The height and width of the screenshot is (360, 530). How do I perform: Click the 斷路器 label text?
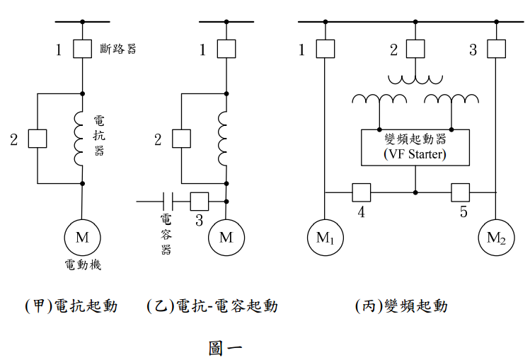pos(117,49)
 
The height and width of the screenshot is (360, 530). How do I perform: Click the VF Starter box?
pos(415,147)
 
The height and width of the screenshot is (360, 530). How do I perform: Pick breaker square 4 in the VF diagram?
pos(361,192)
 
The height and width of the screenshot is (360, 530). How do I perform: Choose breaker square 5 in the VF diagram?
pos(461,192)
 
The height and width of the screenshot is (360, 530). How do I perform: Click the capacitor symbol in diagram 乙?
pos(168,201)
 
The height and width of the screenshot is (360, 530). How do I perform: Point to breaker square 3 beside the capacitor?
pos(200,201)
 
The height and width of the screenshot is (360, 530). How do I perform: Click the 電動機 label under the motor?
pos(83,265)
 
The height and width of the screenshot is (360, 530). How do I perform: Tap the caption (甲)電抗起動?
pos(71,306)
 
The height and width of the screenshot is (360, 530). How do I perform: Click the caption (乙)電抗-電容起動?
pos(212,306)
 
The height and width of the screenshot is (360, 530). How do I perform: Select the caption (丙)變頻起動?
pos(401,306)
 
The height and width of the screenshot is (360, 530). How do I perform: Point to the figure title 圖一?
pos(225,347)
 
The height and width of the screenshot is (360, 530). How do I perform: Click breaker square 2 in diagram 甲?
pos(38,138)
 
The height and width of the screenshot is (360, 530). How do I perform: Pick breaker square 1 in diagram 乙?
pos(226,49)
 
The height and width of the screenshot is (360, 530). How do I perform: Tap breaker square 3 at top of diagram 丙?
pos(496,49)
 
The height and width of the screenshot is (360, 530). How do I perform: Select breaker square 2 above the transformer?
pos(415,49)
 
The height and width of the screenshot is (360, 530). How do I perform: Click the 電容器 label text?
pos(166,233)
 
